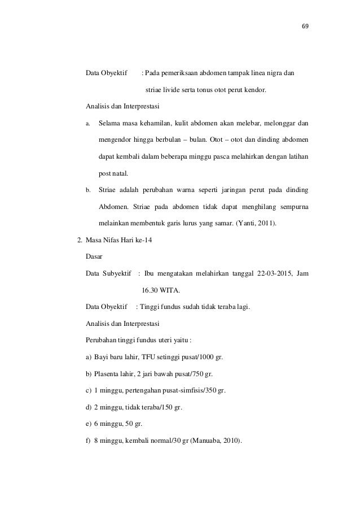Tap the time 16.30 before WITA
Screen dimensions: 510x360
point(150,291)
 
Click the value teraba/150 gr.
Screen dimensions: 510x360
point(164,406)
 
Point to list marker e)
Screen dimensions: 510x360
point(89,422)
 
